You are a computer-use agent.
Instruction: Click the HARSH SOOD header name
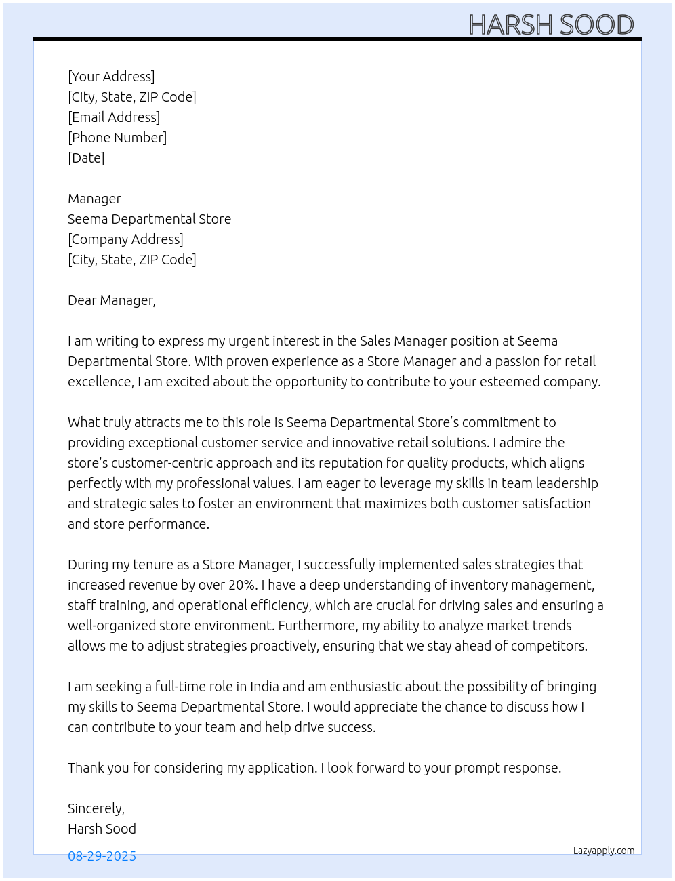(x=550, y=25)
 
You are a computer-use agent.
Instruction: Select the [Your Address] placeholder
(x=111, y=77)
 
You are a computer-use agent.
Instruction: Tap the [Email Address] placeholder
(x=114, y=117)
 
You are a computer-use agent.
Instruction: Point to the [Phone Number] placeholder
(x=117, y=138)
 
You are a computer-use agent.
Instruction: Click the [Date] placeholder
(x=86, y=158)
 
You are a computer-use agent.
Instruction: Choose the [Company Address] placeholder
(x=125, y=239)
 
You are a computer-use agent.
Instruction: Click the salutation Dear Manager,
(x=112, y=300)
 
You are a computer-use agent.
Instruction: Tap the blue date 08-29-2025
(x=102, y=856)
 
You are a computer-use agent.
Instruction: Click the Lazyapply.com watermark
(x=604, y=851)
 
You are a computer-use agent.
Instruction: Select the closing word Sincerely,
(x=96, y=808)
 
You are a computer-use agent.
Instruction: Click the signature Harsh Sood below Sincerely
(x=102, y=829)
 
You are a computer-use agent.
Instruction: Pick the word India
(x=264, y=687)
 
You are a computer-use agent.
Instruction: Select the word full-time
(x=181, y=687)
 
